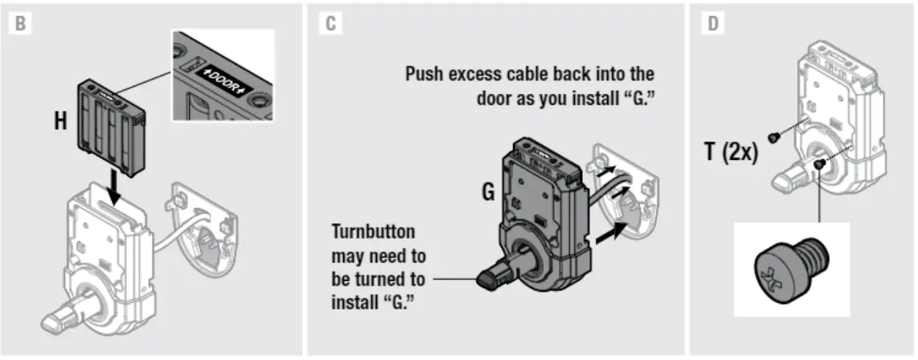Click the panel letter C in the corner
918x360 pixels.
pyautogui.click(x=331, y=23)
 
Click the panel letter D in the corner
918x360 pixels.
pyautogui.click(x=713, y=23)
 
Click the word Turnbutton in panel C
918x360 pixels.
pyautogui.click(x=373, y=232)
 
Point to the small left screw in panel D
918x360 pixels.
pyautogui.click(x=773, y=137)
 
